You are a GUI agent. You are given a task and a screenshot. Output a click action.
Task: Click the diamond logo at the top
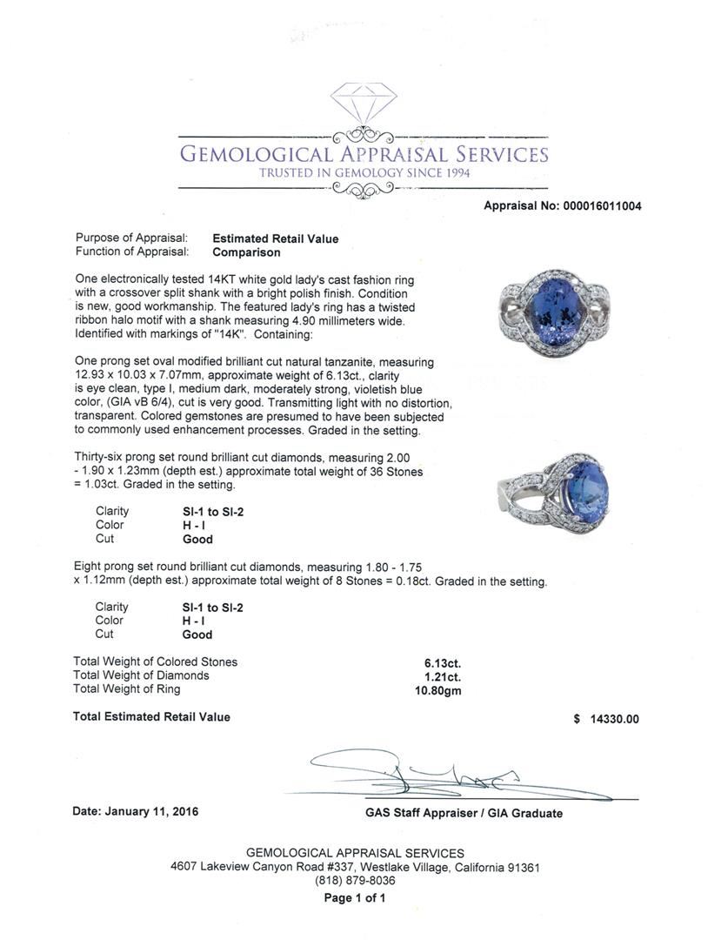364,103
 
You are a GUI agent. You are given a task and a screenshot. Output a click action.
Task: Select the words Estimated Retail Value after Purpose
276,238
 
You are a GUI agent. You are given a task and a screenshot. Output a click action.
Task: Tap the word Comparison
246,252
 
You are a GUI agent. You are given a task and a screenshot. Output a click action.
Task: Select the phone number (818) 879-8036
355,881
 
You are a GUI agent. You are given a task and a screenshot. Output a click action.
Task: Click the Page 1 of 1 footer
355,898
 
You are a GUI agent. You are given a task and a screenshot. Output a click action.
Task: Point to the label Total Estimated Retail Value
152,717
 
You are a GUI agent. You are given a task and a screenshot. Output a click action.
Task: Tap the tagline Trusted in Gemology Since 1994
364,173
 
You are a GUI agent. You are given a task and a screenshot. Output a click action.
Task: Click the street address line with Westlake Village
355,867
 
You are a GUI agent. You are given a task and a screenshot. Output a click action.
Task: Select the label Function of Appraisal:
132,252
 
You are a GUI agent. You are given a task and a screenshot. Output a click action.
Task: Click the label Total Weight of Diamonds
142,675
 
